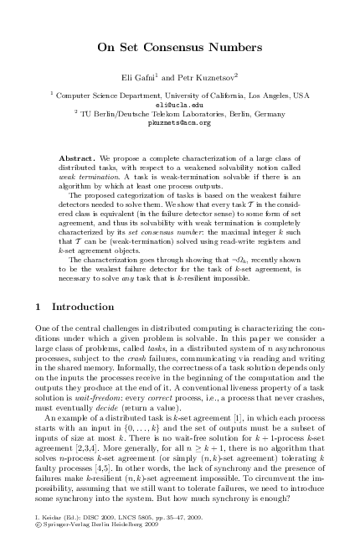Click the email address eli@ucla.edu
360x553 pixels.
[x=180, y=105]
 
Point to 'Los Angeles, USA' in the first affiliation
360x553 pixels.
[x=276, y=96]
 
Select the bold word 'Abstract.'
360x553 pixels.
[x=78, y=158]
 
